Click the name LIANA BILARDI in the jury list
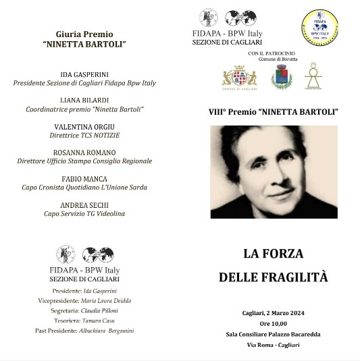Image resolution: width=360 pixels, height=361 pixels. pyautogui.click(x=85, y=99)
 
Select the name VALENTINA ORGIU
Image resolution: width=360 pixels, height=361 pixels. pyautogui.click(x=85, y=126)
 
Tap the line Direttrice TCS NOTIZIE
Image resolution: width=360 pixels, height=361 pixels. pyautogui.click(x=85, y=135)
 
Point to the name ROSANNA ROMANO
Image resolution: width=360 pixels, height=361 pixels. pyautogui.click(x=85, y=152)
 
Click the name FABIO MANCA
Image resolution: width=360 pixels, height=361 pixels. pyautogui.click(x=85, y=179)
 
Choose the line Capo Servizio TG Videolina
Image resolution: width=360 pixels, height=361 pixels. pyautogui.click(x=85, y=214)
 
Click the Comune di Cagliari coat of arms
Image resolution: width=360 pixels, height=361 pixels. pyautogui.click(x=240, y=78)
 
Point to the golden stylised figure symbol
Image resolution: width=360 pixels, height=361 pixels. pyautogui.click(x=313, y=77)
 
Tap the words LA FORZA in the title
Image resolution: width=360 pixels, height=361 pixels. pyautogui.click(x=273, y=254)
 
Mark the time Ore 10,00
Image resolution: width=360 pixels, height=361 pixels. pyautogui.click(x=274, y=323)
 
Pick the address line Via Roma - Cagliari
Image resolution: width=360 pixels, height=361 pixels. pyautogui.click(x=273, y=344)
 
